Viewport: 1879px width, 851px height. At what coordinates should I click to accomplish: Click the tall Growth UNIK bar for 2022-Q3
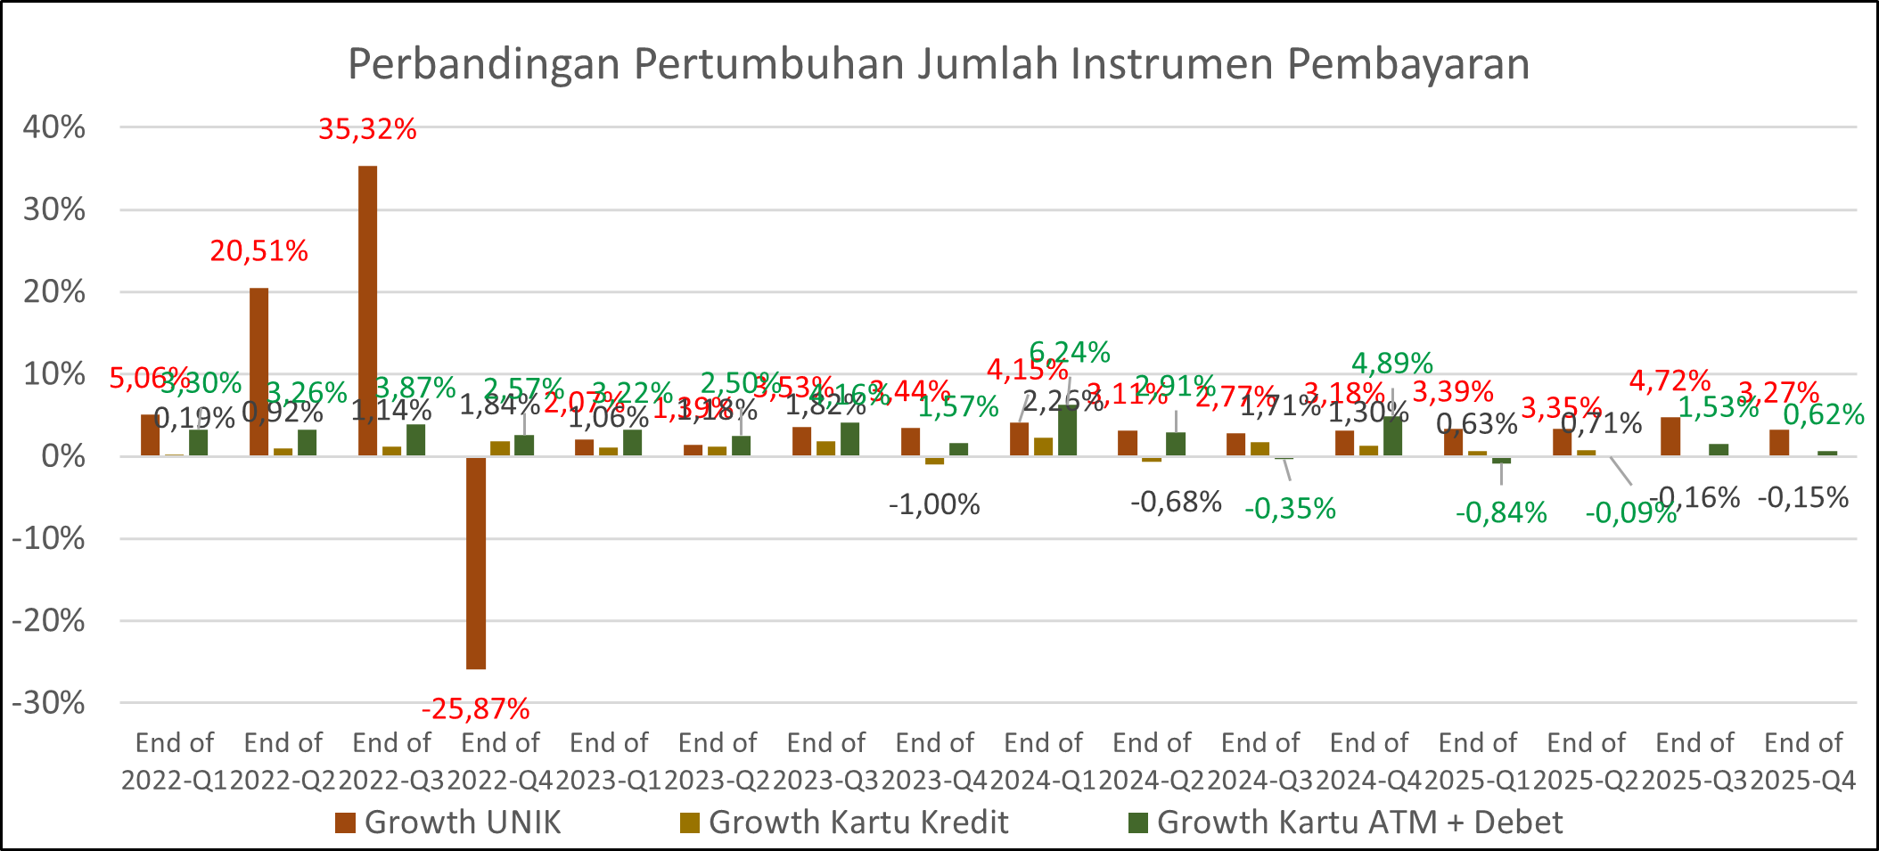[367, 311]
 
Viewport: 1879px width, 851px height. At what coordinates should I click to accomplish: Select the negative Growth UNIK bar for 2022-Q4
[476, 562]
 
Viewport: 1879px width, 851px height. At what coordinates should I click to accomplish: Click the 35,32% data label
[367, 130]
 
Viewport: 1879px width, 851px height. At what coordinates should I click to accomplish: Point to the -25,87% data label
[475, 709]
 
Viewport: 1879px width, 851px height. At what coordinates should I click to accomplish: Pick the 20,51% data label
[258, 251]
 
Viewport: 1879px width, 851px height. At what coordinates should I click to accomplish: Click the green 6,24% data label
[1070, 353]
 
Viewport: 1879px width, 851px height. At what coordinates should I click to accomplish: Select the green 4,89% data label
[1392, 364]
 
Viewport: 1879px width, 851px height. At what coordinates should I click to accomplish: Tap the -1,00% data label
[934, 505]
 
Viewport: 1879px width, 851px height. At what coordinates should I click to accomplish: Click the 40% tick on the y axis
[54, 127]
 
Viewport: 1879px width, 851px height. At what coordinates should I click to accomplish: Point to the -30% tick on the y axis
[49, 703]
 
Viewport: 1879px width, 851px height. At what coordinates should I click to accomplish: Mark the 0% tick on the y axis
[62, 456]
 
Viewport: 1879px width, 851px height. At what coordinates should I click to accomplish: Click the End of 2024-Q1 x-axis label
[1043, 761]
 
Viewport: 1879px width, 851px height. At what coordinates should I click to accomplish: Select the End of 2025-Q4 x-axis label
[1803, 761]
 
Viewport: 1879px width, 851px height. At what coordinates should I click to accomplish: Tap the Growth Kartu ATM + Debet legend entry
[1345, 822]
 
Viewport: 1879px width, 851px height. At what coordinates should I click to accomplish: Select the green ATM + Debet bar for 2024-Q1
[1067, 431]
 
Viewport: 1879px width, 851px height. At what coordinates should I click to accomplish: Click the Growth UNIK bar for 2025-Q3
[1670, 437]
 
